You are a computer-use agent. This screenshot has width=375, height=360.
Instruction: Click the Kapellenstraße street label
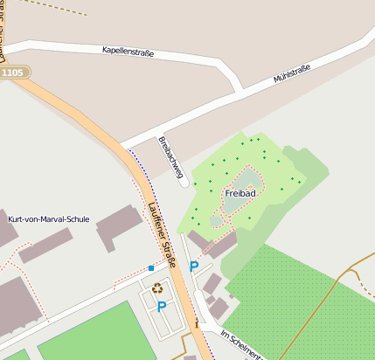128,52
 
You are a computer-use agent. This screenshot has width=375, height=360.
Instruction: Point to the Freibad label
240,192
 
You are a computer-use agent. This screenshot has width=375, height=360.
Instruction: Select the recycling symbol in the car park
157,287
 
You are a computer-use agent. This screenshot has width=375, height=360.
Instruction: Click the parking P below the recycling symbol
161,306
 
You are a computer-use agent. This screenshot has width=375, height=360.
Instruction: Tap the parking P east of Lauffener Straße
194,266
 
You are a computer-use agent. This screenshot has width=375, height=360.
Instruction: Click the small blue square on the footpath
150,268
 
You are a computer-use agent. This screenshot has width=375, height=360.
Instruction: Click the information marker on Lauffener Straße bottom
197,323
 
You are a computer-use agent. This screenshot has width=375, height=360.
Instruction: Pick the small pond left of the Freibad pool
216,221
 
